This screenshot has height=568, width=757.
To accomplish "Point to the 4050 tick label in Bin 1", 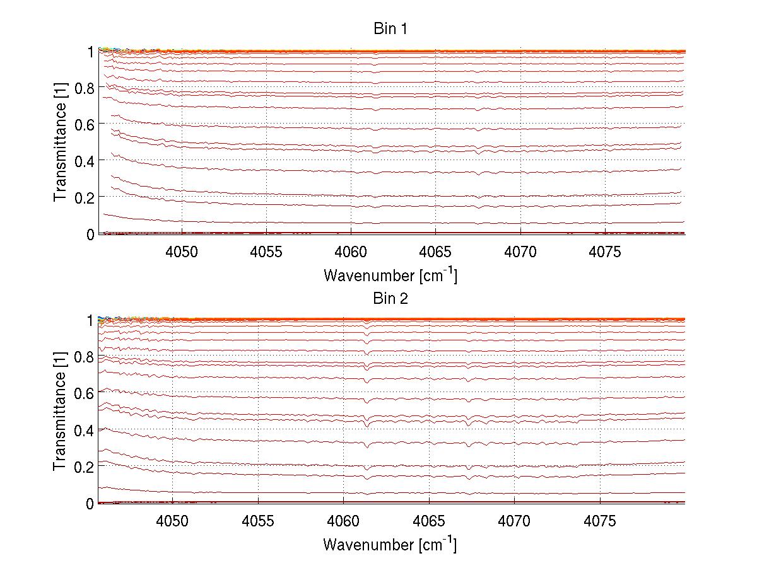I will (x=182, y=252).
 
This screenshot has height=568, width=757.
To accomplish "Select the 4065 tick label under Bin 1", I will (x=435, y=252).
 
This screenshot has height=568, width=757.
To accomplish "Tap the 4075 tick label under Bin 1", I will (x=605, y=252).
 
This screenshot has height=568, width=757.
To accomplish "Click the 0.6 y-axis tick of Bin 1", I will (x=85, y=125).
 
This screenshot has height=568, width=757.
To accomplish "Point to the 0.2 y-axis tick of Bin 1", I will (x=85, y=197).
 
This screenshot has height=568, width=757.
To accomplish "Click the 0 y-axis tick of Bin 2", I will (x=90, y=504).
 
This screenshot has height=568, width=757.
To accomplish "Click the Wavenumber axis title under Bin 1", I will (x=390, y=275).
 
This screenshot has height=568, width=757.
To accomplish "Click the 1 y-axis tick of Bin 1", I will (x=91, y=52).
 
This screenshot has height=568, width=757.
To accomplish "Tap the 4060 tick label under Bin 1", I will (x=351, y=252).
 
